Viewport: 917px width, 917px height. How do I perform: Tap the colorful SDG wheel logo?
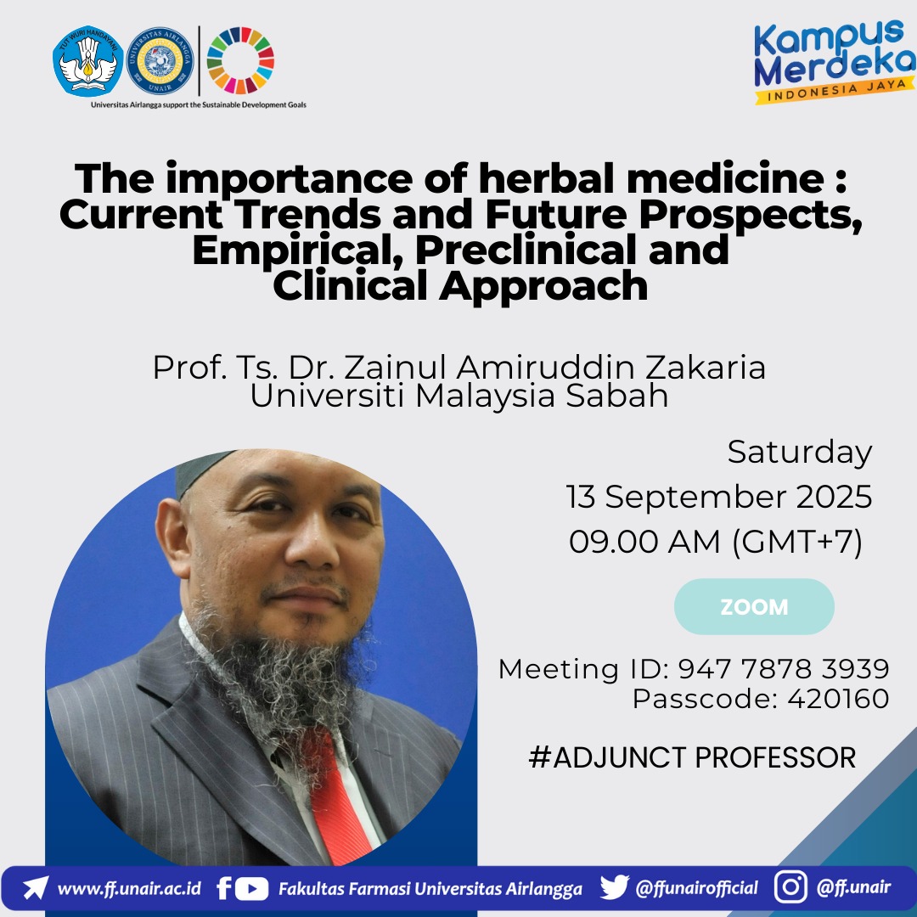tap(240, 60)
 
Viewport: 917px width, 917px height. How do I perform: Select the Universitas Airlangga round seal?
tap(160, 60)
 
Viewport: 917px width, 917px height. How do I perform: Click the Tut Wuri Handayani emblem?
tap(87, 60)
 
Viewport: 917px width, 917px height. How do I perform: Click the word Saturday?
tap(800, 453)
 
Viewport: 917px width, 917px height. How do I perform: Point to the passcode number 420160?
tap(838, 698)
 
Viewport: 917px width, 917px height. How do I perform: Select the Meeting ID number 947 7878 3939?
tap(784, 669)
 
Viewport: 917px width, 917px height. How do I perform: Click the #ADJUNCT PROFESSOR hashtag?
tap(692, 757)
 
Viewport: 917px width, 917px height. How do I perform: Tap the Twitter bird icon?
tap(614, 887)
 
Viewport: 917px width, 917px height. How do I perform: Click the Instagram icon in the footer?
tap(790, 886)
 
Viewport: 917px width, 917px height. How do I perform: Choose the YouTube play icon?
tap(251, 889)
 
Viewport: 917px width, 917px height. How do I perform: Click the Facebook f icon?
tap(223, 888)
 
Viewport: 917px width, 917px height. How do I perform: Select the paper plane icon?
tap(35, 887)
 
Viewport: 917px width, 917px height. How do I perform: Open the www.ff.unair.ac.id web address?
tap(129, 889)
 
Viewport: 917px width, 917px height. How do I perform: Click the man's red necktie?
tap(338, 796)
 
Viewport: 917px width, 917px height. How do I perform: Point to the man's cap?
tap(202, 470)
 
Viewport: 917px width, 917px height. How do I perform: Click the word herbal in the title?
tap(548, 177)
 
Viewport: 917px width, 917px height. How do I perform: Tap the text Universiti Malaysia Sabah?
tap(459, 396)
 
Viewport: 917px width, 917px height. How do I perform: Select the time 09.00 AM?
tap(644, 542)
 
